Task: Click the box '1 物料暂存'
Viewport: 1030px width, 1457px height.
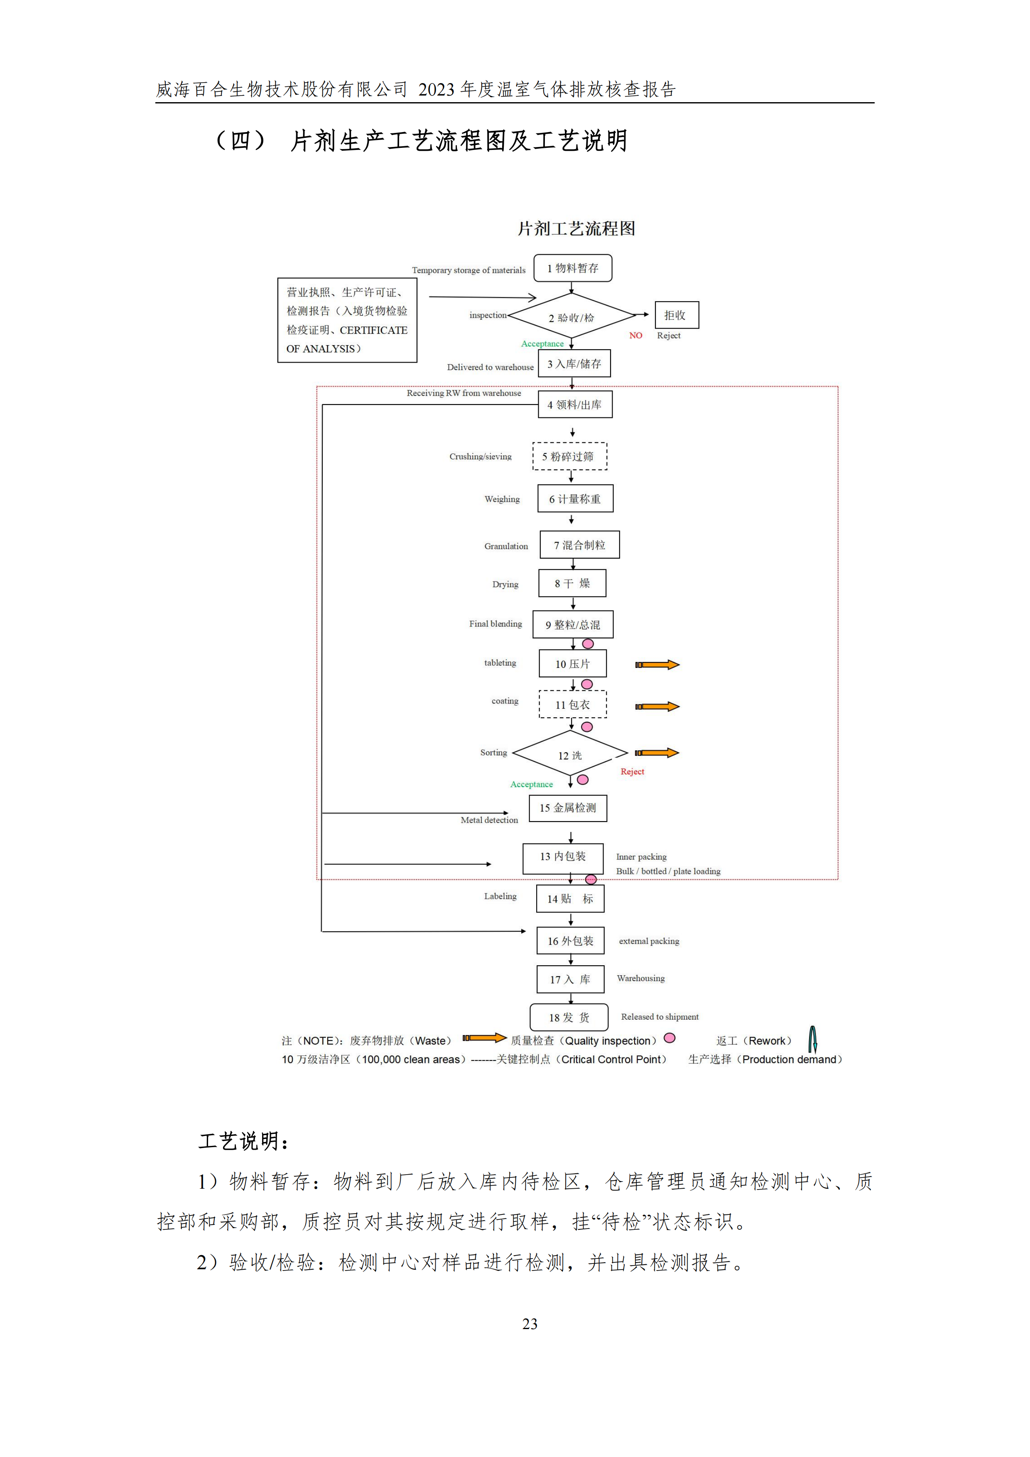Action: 572,268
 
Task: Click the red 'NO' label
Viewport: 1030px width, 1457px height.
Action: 635,335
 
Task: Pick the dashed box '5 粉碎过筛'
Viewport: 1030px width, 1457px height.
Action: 569,456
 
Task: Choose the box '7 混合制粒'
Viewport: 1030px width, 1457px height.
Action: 579,545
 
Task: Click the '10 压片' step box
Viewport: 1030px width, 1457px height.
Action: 572,663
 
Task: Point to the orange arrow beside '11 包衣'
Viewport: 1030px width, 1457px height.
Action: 657,706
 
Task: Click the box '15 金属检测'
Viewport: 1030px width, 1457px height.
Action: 568,808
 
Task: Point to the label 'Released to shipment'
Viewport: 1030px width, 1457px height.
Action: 660,1017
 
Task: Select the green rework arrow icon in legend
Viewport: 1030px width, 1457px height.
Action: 812,1040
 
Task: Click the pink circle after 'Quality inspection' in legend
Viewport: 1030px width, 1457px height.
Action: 669,1038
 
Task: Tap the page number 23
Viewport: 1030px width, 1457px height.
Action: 530,1323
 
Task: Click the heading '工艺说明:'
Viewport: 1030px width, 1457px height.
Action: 244,1141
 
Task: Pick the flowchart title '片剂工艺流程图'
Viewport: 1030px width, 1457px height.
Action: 576,228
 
